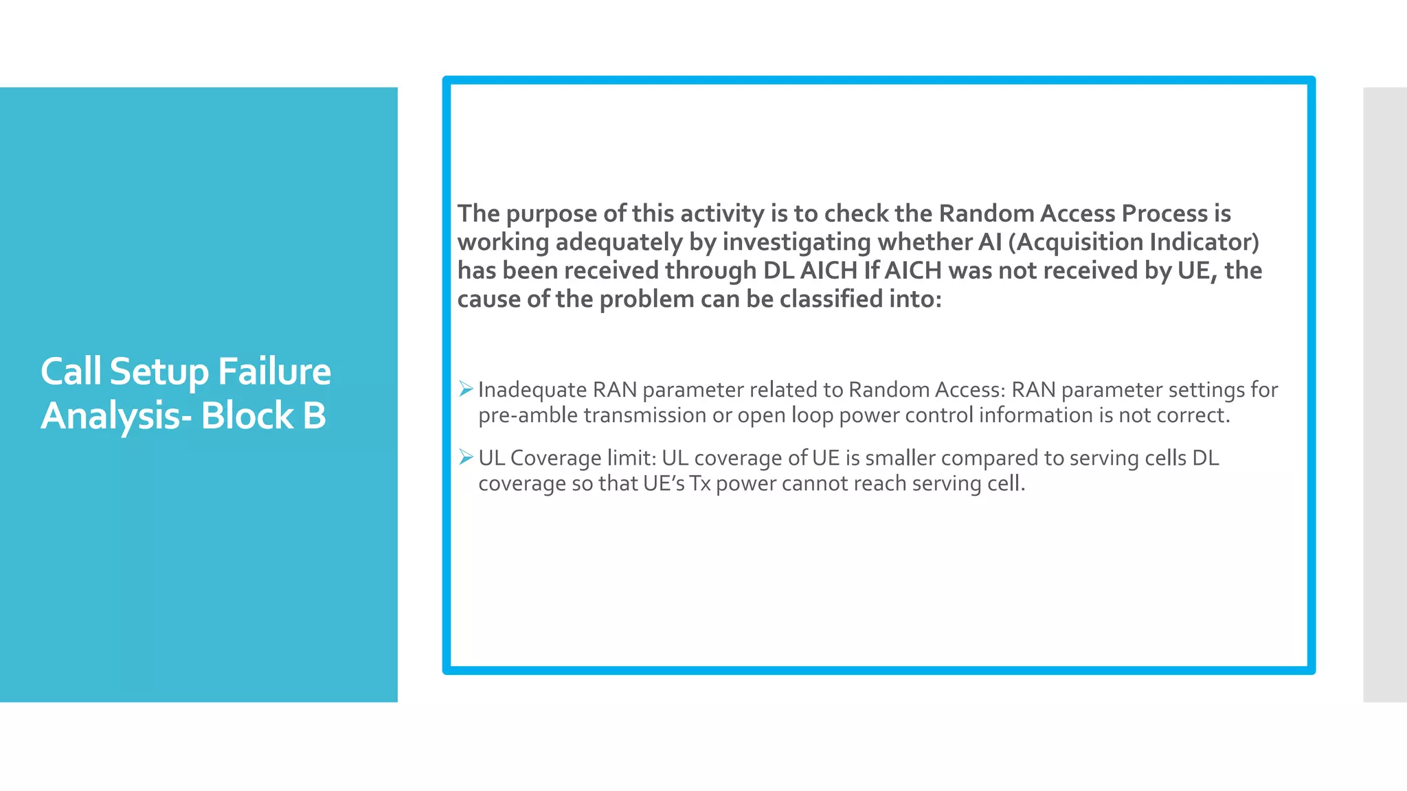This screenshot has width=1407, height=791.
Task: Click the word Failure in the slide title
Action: point(274,371)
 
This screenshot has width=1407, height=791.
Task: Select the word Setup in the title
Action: point(159,371)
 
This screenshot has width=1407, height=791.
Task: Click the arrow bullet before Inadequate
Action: point(466,389)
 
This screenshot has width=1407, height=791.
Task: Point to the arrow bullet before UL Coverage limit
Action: point(466,457)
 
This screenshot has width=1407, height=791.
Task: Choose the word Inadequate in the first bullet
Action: point(532,390)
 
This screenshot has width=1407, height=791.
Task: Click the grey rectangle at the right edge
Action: point(1384,394)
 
